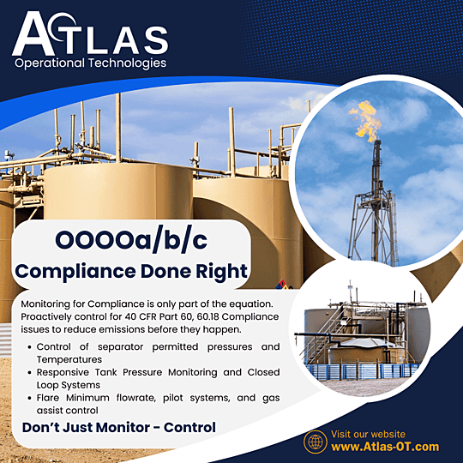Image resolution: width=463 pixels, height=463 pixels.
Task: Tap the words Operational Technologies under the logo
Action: (90, 63)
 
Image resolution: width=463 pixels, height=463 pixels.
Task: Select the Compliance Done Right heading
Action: (131, 273)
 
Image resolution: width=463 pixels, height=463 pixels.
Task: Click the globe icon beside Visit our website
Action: (316, 441)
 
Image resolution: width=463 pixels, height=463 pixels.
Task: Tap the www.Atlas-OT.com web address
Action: (384, 447)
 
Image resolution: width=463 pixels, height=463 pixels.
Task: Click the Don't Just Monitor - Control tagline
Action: (117, 426)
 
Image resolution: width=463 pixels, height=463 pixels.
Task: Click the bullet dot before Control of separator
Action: (30, 347)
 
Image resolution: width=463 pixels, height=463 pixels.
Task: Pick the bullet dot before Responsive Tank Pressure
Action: (30, 374)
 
